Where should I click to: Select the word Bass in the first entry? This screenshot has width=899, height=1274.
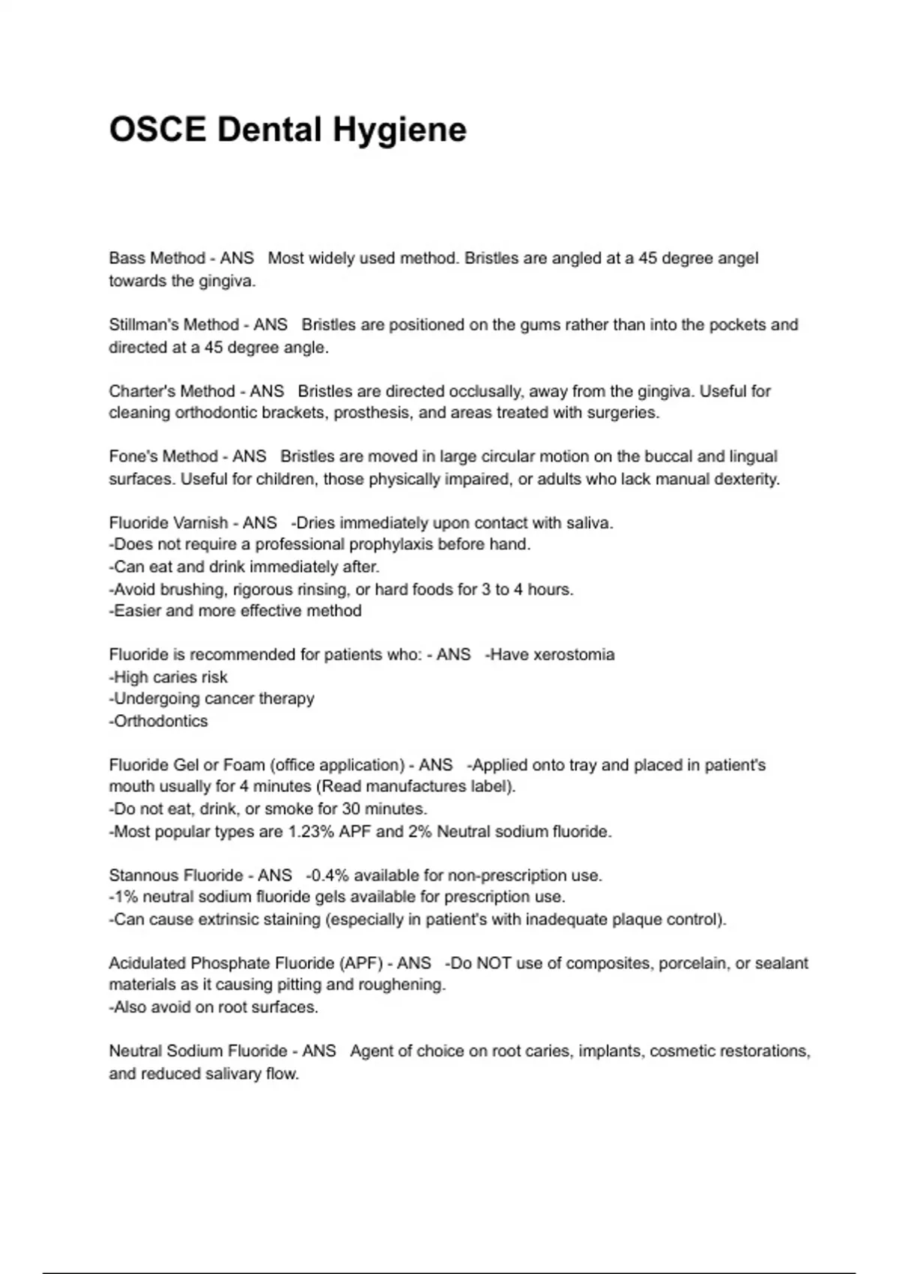click(x=127, y=259)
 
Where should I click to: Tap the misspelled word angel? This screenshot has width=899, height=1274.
click(x=738, y=259)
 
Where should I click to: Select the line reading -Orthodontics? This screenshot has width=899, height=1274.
click(x=158, y=722)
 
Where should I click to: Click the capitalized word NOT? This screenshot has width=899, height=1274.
click(x=494, y=964)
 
